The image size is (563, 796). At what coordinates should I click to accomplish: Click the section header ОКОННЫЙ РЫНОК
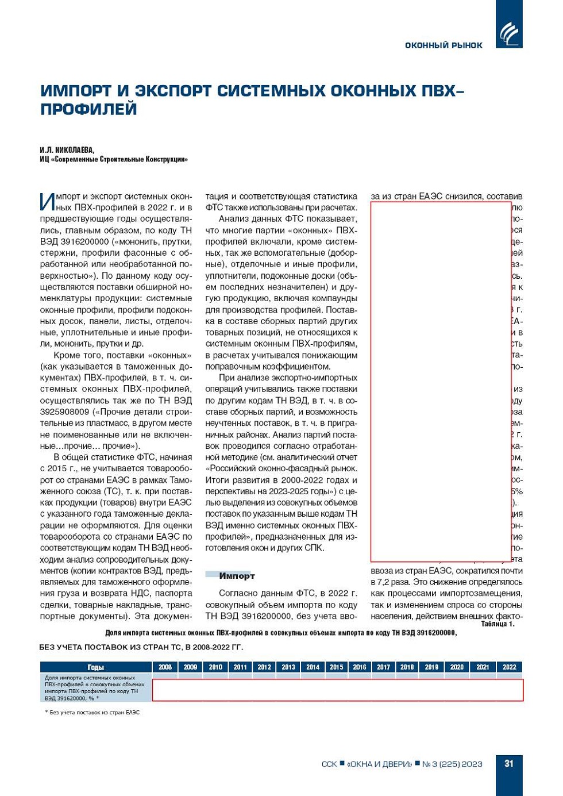click(444, 45)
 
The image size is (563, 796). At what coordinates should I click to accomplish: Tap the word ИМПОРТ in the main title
click(76, 91)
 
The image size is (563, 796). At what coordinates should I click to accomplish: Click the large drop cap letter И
click(48, 201)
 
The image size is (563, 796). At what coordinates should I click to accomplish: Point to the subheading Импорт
click(237, 576)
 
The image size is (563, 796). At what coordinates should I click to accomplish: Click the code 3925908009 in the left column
click(64, 412)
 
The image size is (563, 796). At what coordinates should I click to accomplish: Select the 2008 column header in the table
click(165, 667)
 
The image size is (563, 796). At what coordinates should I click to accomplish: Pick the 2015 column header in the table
click(336, 667)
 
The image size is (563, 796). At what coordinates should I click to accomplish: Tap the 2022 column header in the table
click(509, 667)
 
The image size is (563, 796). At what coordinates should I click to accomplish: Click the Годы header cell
click(95, 667)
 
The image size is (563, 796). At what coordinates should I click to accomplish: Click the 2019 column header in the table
click(431, 667)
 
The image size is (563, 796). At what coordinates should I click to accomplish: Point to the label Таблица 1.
click(498, 624)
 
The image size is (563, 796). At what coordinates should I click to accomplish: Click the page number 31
click(508, 764)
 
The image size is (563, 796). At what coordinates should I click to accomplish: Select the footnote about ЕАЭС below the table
click(92, 712)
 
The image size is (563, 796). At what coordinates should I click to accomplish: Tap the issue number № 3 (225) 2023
click(452, 764)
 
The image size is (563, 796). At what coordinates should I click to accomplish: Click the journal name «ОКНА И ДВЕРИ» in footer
click(379, 764)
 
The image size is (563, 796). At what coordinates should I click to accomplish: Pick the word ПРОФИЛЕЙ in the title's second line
click(88, 109)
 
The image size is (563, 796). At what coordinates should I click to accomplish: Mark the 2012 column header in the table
click(264, 667)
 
